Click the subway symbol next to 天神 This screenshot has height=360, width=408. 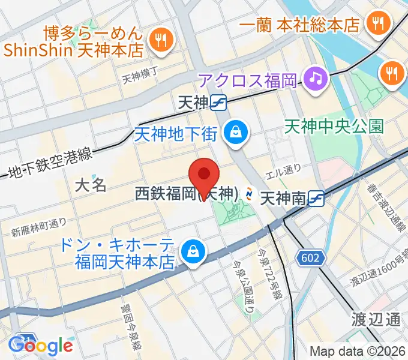(x=218, y=103)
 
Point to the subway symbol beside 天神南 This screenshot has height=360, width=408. (x=318, y=198)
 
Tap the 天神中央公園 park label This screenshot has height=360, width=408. (x=334, y=127)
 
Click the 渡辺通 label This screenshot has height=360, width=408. (x=377, y=319)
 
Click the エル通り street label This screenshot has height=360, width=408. (x=283, y=170)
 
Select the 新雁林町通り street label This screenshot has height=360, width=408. (x=39, y=226)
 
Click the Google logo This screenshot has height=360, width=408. (x=41, y=345)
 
